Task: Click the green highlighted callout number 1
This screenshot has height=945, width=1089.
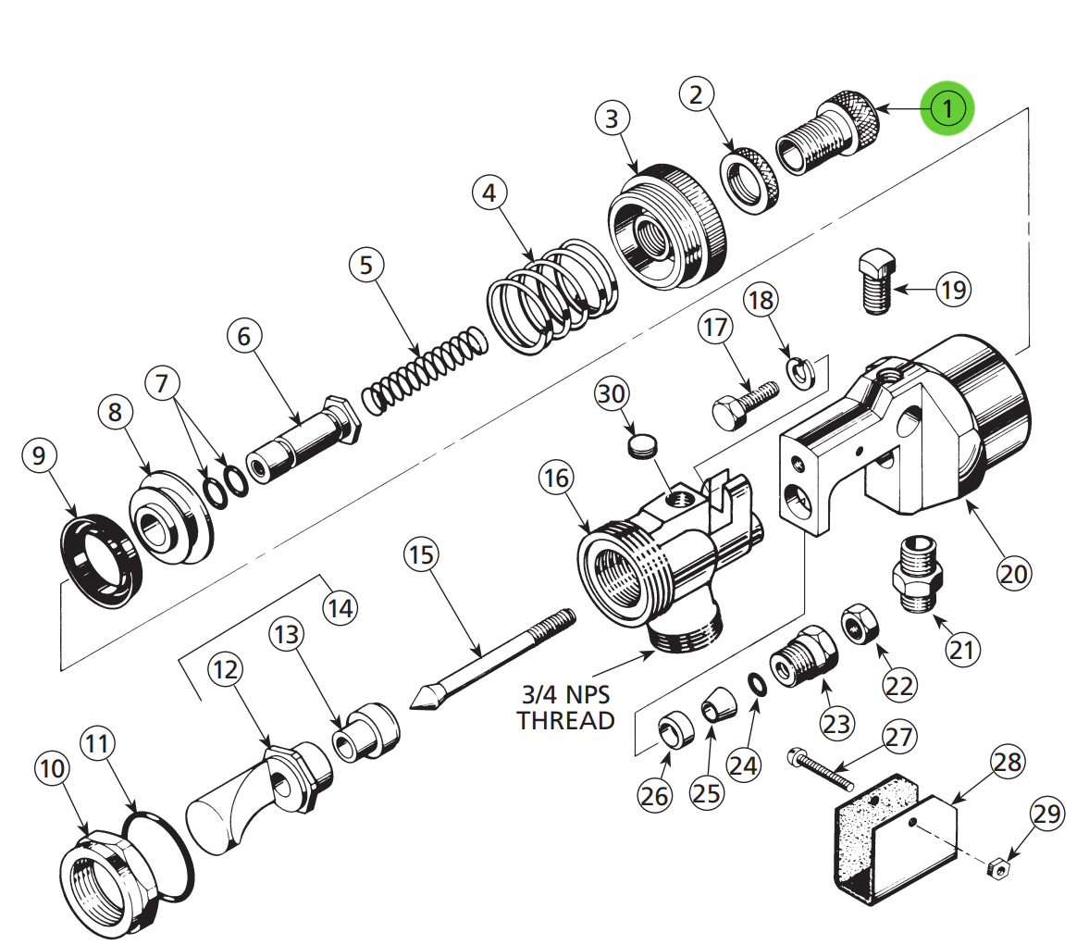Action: pyautogui.click(x=947, y=108)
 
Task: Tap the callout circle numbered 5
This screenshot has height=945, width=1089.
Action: pyautogui.click(x=366, y=265)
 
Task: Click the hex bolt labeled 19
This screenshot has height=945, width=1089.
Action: pyautogui.click(x=874, y=280)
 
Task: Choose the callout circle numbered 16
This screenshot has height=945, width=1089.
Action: pyautogui.click(x=556, y=478)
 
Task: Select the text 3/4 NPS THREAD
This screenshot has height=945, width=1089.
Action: pyautogui.click(x=565, y=707)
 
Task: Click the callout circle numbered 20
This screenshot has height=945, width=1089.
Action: pyautogui.click(x=1013, y=574)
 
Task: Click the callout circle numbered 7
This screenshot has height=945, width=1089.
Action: pyautogui.click(x=163, y=382)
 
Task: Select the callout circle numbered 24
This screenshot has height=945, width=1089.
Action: pyautogui.click(x=743, y=765)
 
